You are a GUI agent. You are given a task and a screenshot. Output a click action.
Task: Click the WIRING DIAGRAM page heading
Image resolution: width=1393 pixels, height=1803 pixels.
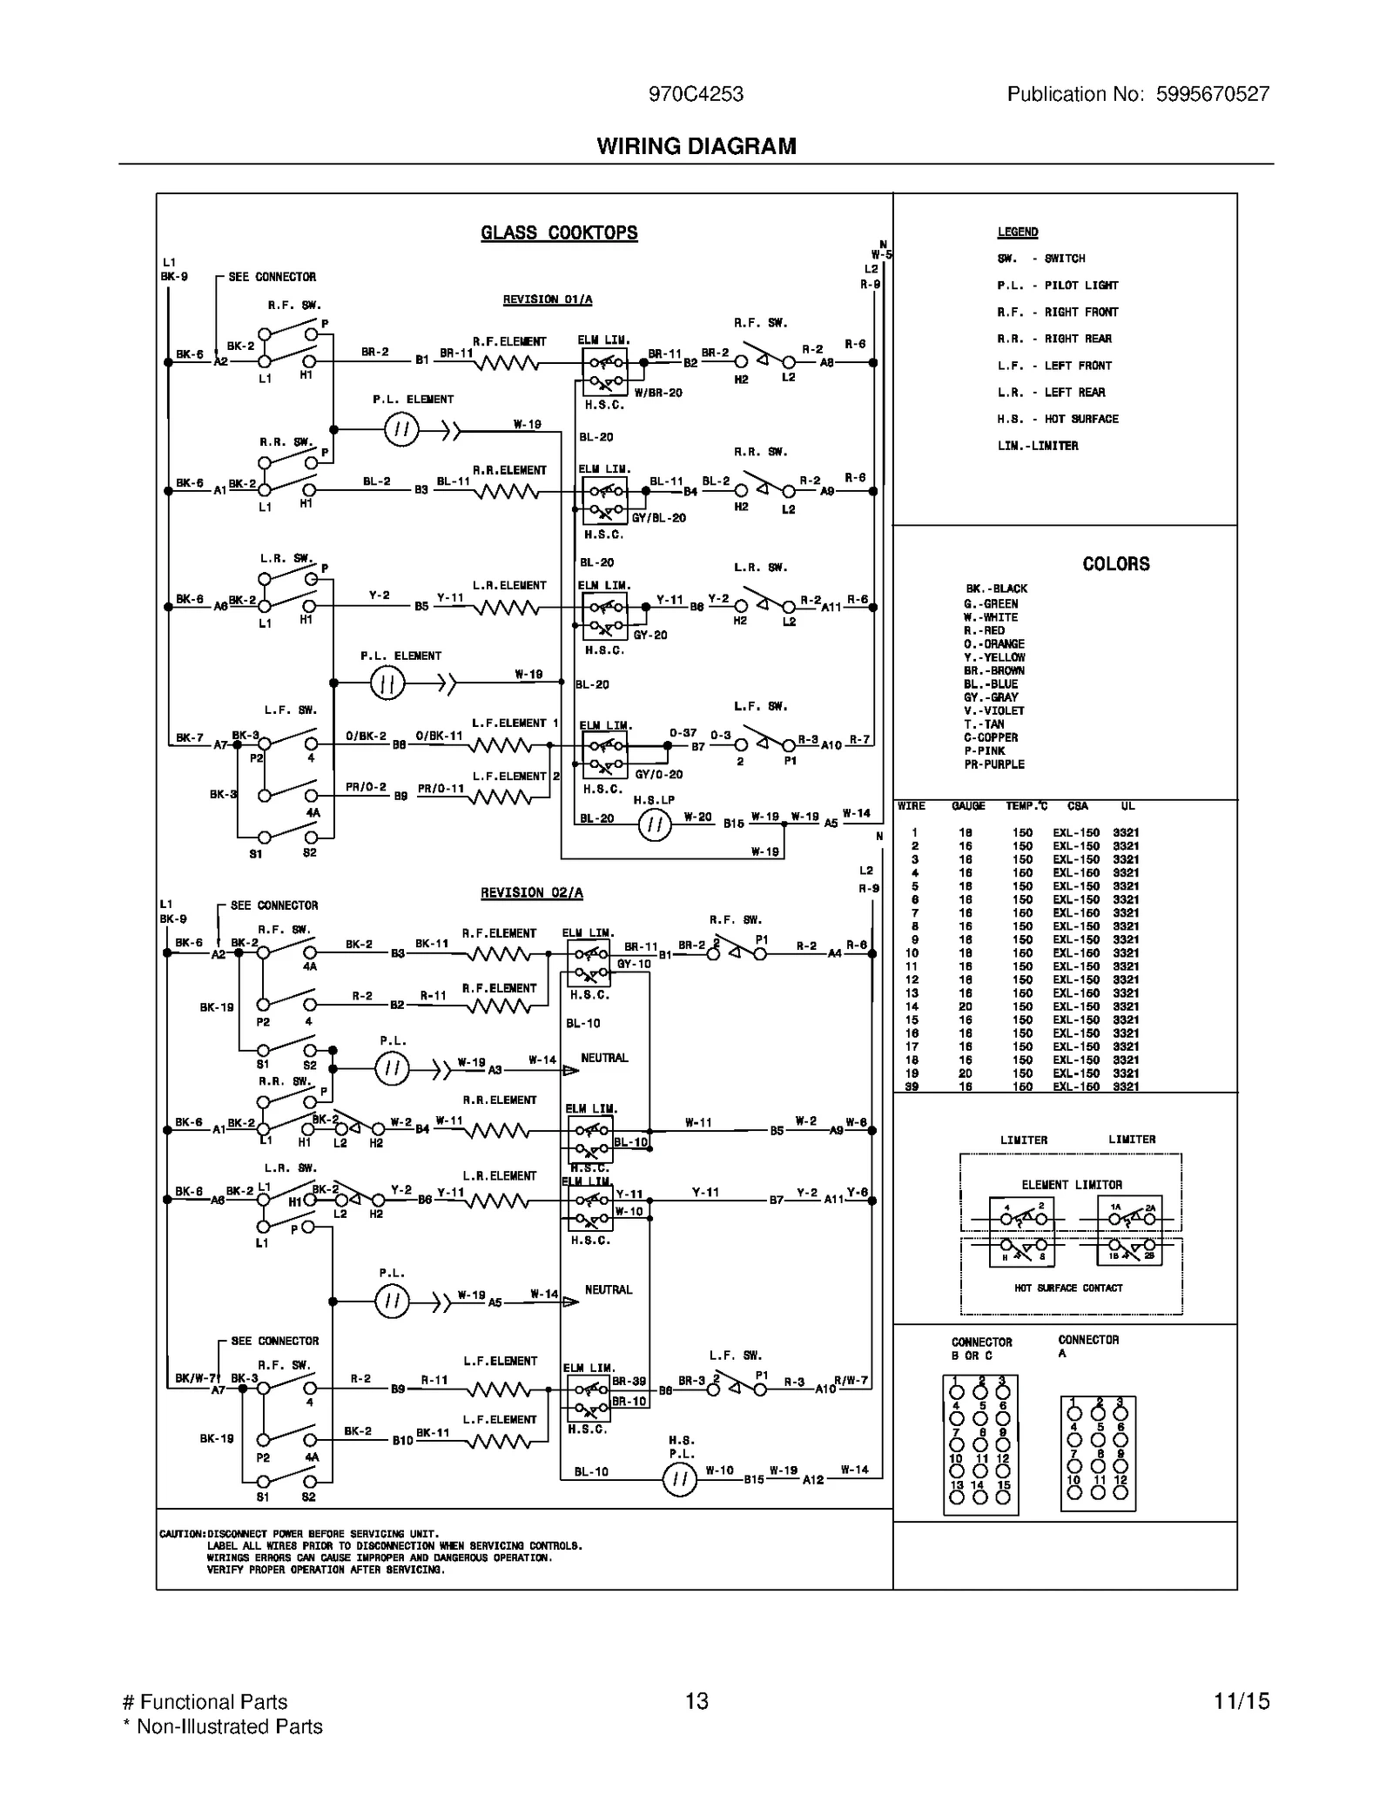696,146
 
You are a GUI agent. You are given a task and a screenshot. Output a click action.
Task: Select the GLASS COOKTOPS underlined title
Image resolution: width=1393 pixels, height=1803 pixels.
559,233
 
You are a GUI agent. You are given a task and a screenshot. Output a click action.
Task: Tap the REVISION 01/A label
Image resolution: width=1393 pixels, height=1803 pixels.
547,299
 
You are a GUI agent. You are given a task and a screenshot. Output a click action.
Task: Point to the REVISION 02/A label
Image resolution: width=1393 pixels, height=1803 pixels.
532,893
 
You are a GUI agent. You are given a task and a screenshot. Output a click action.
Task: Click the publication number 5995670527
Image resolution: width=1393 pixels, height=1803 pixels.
1212,94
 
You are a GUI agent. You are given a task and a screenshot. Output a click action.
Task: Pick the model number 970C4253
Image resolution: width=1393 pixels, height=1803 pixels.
696,94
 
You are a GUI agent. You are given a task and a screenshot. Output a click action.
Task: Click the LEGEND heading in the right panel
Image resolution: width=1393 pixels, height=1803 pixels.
1018,232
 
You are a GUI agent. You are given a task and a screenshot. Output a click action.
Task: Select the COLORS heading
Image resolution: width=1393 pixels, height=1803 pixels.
1115,564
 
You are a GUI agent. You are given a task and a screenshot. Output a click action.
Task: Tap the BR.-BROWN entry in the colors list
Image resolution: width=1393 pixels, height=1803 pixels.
993,671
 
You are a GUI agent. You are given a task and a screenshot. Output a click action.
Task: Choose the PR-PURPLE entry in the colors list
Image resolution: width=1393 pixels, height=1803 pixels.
993,765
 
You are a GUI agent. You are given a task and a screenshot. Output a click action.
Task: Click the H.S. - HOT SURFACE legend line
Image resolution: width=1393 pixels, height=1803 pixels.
1057,419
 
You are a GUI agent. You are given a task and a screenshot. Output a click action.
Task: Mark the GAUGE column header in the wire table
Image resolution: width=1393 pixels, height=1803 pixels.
968,806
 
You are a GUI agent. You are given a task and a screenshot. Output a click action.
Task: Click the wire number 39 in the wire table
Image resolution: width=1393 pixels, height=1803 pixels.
912,1087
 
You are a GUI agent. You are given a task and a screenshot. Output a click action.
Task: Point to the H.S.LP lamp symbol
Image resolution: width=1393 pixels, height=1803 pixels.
655,824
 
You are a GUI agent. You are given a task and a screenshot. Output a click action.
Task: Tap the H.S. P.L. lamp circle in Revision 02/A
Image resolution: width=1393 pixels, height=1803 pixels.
679,1480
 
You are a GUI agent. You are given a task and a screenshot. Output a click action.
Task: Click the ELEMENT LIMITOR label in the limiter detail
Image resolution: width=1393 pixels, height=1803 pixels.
1071,1185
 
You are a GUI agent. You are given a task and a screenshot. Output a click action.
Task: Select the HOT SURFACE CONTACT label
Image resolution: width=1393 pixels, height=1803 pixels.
1068,1288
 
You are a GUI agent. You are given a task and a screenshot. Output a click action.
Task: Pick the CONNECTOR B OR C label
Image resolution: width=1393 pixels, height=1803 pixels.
981,1349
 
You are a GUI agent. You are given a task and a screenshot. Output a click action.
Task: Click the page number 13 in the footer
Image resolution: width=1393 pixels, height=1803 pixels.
696,1701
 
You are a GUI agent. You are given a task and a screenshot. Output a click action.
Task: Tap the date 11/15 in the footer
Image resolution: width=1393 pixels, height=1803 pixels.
1242,1701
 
